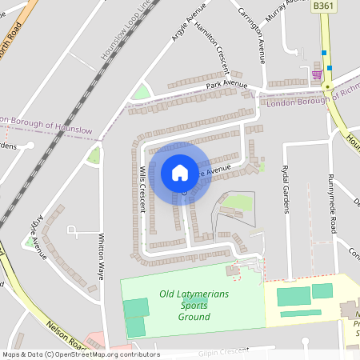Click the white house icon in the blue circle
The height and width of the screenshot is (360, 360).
click(179, 173)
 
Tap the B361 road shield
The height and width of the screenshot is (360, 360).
click(323, 6)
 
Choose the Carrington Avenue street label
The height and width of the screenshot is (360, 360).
click(253, 36)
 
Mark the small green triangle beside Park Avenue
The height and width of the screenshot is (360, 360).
click(142, 93)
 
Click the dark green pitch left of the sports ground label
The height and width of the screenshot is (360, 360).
click(136, 309)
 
